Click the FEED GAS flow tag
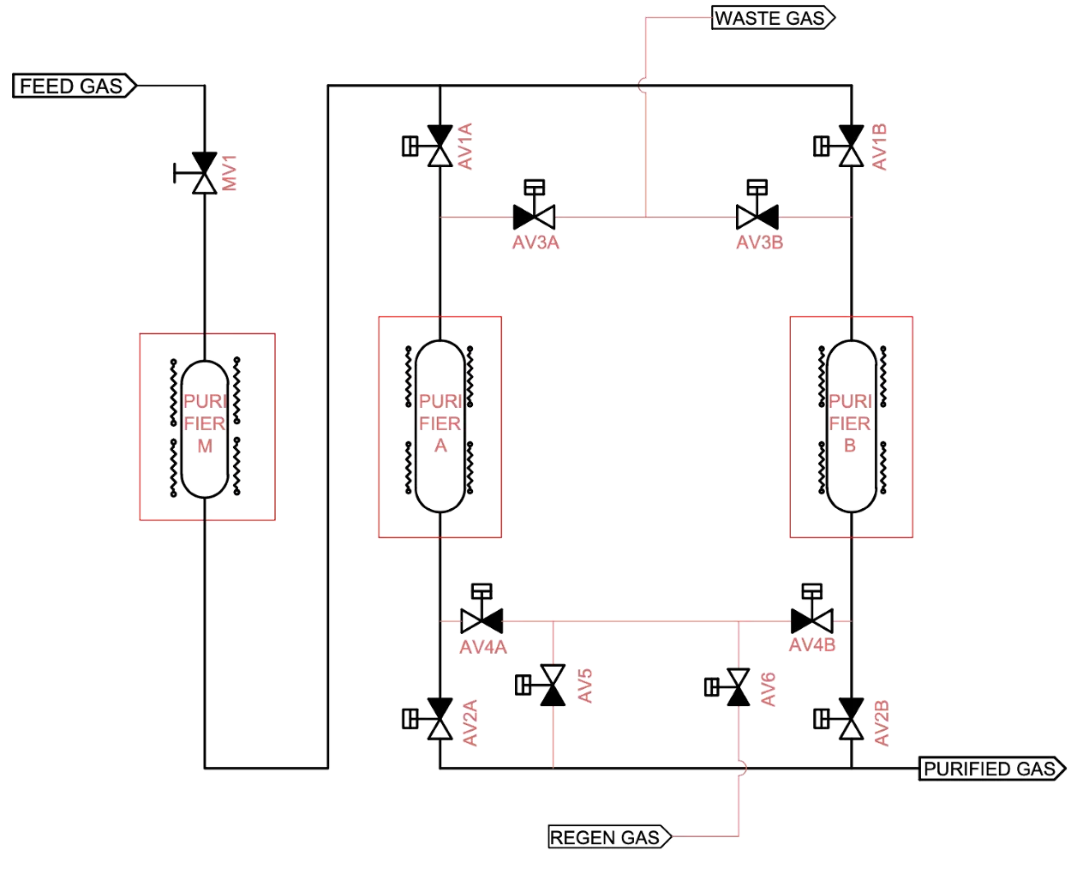pyautogui.click(x=75, y=86)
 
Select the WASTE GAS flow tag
pyautogui.click(x=772, y=18)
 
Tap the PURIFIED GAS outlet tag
pyautogui.click(x=992, y=769)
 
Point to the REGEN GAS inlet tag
pyautogui.click(x=610, y=837)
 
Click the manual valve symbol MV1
pyautogui.click(x=196, y=173)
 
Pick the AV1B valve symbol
pyautogui.click(x=839, y=146)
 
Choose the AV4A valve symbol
pyautogui.click(x=482, y=609)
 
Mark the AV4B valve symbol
pyautogui.click(x=812, y=609)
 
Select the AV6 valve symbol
pyautogui.click(x=727, y=687)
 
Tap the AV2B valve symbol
pyautogui.click(x=839, y=719)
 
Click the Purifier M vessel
pyautogui.click(x=205, y=429)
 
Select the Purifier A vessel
pyautogui.click(x=440, y=426)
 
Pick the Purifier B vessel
pyautogui.click(x=852, y=426)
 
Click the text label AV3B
pyautogui.click(x=760, y=242)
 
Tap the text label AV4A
pyautogui.click(x=483, y=648)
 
